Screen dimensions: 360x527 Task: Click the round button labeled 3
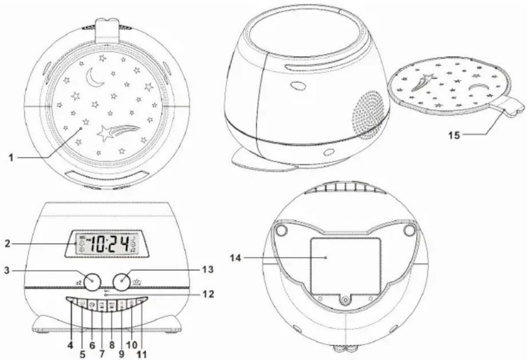pyautogui.click(x=92, y=282)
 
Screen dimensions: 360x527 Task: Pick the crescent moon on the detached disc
pyautogui.click(x=479, y=88)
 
